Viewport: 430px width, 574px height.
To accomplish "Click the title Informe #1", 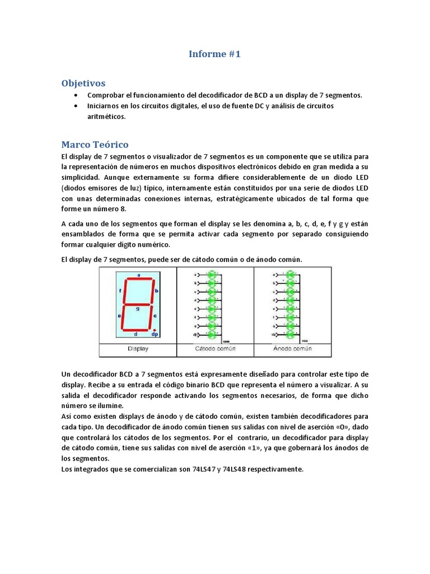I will click(x=214, y=54).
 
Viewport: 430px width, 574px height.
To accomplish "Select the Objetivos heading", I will click(x=83, y=83).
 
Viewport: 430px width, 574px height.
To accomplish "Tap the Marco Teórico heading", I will click(x=95, y=145).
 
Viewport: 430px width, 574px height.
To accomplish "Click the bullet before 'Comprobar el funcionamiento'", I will click(x=76, y=95).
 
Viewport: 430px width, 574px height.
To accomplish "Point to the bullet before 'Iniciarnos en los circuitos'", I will click(x=76, y=106).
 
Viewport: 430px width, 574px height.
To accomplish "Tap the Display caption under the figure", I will click(x=138, y=349).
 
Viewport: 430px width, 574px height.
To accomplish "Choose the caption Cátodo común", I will click(x=216, y=349).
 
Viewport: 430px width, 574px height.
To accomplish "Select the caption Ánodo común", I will click(x=292, y=349).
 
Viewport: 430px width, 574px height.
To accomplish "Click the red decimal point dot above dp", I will click(x=155, y=330).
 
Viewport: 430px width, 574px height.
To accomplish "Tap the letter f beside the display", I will click(x=120, y=291).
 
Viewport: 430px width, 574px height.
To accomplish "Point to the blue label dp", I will click(x=155, y=335).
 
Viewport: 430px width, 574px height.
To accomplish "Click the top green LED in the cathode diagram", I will click(x=212, y=275).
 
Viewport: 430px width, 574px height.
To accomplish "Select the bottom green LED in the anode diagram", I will click(x=289, y=335).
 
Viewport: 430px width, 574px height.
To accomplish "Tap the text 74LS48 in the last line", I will click(x=235, y=469).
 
